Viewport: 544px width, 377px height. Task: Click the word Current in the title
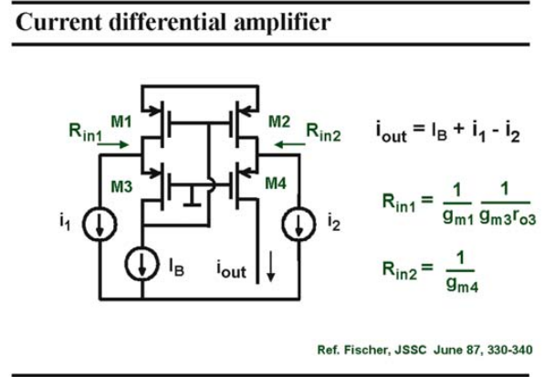point(59,22)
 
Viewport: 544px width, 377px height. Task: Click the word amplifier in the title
point(282,23)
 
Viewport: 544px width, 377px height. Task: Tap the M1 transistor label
point(121,121)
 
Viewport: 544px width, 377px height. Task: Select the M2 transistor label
point(279,121)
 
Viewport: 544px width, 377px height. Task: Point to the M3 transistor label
point(121,187)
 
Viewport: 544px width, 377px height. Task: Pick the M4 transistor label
point(276,183)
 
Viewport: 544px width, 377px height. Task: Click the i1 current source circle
point(99,224)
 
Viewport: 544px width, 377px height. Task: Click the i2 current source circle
point(298,224)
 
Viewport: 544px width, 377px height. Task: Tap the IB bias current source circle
point(141,264)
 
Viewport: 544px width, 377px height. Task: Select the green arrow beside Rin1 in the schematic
point(113,144)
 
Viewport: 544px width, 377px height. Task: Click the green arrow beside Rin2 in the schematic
point(289,144)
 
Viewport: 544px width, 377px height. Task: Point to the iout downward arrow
point(271,267)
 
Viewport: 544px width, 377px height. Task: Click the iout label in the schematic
point(232,269)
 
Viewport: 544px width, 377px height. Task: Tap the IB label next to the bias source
point(176,267)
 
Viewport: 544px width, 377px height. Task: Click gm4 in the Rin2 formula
point(462,285)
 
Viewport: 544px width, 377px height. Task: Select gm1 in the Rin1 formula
point(458,217)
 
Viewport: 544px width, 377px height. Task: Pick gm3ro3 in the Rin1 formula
point(507,217)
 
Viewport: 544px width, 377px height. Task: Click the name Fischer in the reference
point(367,350)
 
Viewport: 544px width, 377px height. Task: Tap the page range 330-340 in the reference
point(509,350)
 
